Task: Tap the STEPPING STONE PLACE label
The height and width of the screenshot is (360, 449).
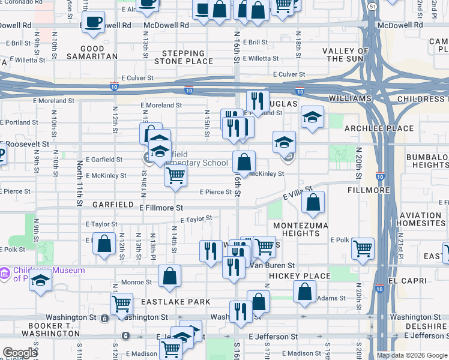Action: pos(184,57)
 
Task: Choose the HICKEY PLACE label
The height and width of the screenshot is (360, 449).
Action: pos(300,276)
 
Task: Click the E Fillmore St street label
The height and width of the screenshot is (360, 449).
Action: pos(161,208)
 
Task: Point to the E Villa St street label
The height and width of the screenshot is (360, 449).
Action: pos(298,194)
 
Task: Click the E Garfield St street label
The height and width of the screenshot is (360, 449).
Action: pos(104,160)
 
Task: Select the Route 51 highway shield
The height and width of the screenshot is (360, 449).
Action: pos(372,7)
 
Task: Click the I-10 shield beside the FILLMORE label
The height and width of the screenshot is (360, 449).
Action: pos(381,177)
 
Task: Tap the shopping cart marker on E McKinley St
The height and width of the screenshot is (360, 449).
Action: pos(175,176)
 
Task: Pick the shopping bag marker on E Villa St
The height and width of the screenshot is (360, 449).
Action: pos(313,203)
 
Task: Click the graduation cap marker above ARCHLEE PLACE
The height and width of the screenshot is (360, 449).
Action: pos(312,118)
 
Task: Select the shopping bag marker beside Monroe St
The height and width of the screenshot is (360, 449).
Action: pos(170,277)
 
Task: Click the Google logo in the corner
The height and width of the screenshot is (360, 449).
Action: pos(20,353)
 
